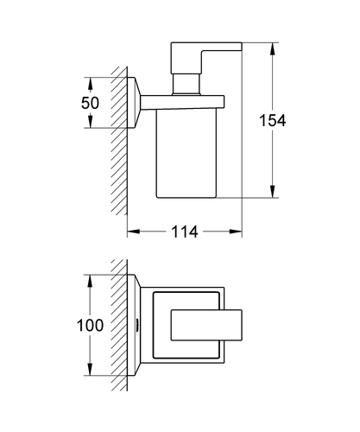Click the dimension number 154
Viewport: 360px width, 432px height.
pyautogui.click(x=273, y=120)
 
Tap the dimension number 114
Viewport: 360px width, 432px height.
pyautogui.click(x=185, y=232)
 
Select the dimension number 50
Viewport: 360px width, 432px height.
pyautogui.click(x=90, y=103)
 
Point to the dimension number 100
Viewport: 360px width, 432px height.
pyautogui.click(x=90, y=326)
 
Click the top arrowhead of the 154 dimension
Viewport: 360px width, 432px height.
pyautogui.click(x=273, y=49)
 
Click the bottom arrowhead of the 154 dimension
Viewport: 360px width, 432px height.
pyautogui.click(x=273, y=192)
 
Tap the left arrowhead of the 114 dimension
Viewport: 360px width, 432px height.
pyautogui.click(x=134, y=232)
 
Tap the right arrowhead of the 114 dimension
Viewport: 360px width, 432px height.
pyautogui.click(x=236, y=232)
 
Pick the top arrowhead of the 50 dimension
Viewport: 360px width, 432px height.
pyautogui.click(x=90, y=84)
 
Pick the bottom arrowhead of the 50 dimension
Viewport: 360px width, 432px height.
pyautogui.click(x=90, y=121)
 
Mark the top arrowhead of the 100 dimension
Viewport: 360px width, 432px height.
pyautogui.click(x=90, y=281)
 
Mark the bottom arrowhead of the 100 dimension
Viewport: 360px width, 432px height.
pyautogui.click(x=90, y=369)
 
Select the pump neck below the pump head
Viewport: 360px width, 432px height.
pyautogui.click(x=186, y=84)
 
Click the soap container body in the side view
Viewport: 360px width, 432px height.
pyautogui.click(x=186, y=153)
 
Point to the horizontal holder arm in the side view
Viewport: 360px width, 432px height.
pyautogui.click(x=182, y=102)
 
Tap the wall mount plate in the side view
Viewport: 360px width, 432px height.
pyautogui.click(x=134, y=103)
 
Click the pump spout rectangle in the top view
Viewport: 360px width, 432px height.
pyautogui.click(x=206, y=325)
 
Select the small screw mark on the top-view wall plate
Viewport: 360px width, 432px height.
pyautogui.click(x=137, y=325)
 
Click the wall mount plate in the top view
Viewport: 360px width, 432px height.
pyautogui.click(x=134, y=325)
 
